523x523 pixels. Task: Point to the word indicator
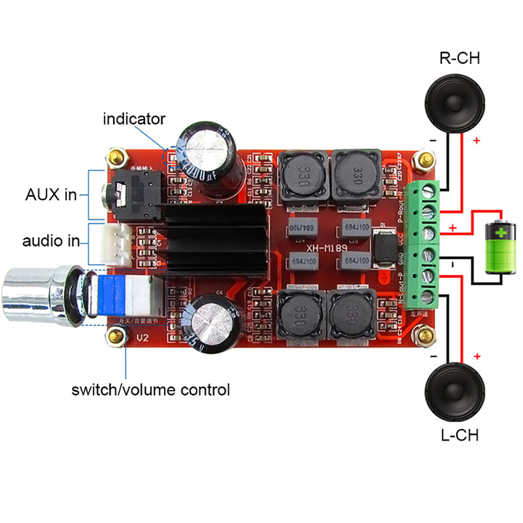point(134,119)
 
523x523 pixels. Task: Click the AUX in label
point(51,195)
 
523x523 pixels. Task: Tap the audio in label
point(51,241)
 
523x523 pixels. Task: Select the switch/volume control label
point(151,389)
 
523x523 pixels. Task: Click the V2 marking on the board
point(142,338)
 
